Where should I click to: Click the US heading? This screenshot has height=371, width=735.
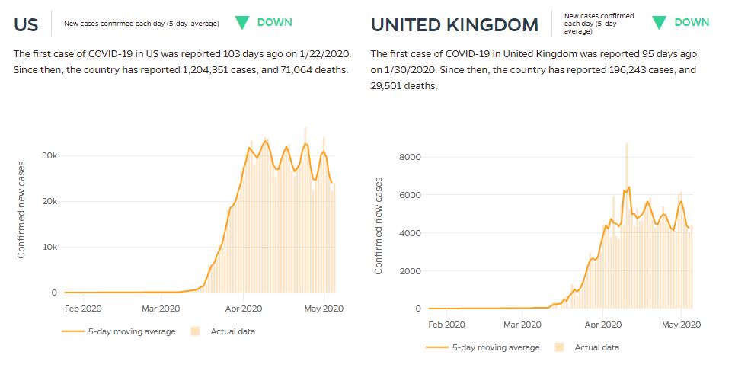coord(26,24)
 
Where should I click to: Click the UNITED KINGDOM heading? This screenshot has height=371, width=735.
coord(454,25)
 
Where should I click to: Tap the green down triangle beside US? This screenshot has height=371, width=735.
coord(242,23)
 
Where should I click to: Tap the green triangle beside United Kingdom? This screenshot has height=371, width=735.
coord(660,23)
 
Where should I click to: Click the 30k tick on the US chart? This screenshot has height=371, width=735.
coord(49,155)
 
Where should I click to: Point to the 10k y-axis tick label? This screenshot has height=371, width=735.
coord(49,247)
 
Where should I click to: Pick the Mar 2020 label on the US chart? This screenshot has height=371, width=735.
coord(160,309)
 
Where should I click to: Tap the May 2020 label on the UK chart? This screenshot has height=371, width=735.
coord(680,325)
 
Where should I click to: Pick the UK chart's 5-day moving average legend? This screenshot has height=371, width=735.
coord(487,347)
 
